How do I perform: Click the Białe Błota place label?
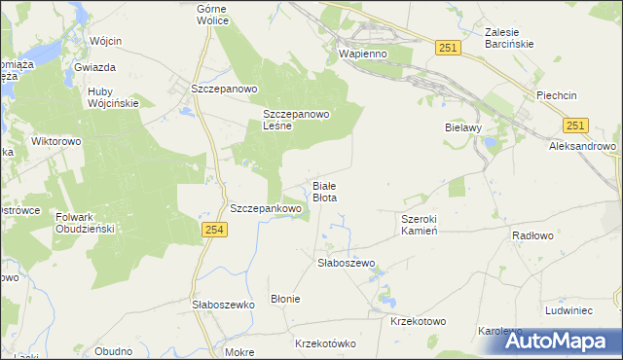click(324, 191)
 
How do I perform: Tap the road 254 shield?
click(215, 229)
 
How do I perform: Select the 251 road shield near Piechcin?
click(575, 126)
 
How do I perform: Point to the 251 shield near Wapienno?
click(448, 48)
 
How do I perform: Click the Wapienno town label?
click(362, 54)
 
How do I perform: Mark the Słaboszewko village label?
click(223, 305)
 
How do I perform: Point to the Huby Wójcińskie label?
click(113, 96)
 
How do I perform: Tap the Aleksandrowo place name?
click(583, 146)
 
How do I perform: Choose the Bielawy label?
click(463, 127)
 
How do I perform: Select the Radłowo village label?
click(532, 235)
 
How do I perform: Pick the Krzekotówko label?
click(326, 343)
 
